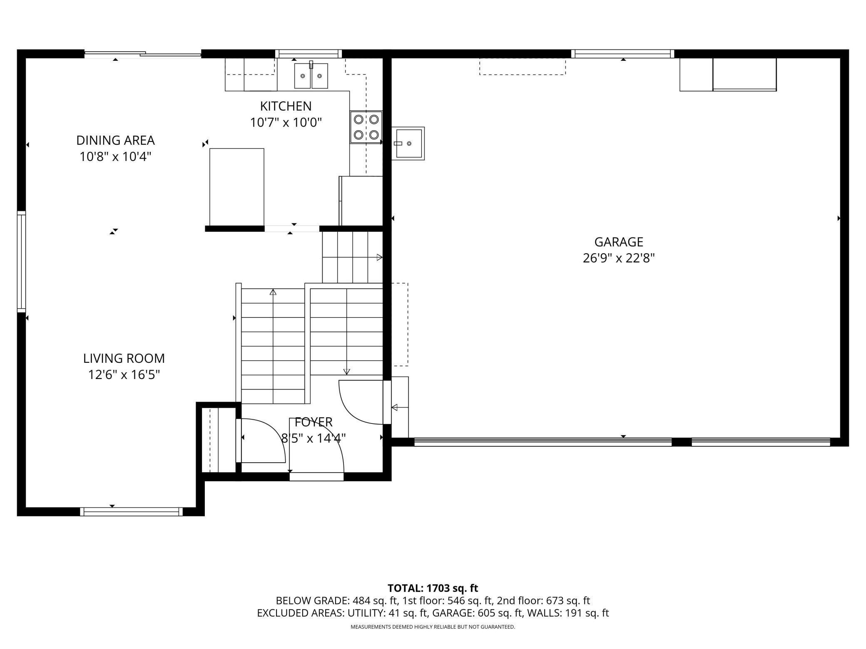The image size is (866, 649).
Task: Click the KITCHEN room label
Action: (x=286, y=107)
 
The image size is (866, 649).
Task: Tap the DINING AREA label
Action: (x=115, y=140)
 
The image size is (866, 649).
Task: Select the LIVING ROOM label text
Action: (x=124, y=358)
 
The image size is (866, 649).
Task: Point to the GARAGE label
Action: (x=619, y=242)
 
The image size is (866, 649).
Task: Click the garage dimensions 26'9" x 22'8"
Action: (x=619, y=258)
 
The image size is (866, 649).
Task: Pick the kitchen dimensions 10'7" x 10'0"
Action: (x=286, y=123)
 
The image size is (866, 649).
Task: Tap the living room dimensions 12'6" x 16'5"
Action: (x=124, y=375)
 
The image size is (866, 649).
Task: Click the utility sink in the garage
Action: (x=408, y=144)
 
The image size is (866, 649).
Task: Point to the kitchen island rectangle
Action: (x=237, y=187)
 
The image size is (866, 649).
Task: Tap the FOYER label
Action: (x=314, y=422)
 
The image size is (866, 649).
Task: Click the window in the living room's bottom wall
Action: (x=132, y=512)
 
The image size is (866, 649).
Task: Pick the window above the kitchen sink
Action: (x=309, y=54)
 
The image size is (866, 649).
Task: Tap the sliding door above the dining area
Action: (x=143, y=54)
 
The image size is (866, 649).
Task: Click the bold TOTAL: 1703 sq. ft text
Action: (x=433, y=588)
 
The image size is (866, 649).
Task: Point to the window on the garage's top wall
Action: (x=622, y=54)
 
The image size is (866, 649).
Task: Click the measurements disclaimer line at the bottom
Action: (x=433, y=627)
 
